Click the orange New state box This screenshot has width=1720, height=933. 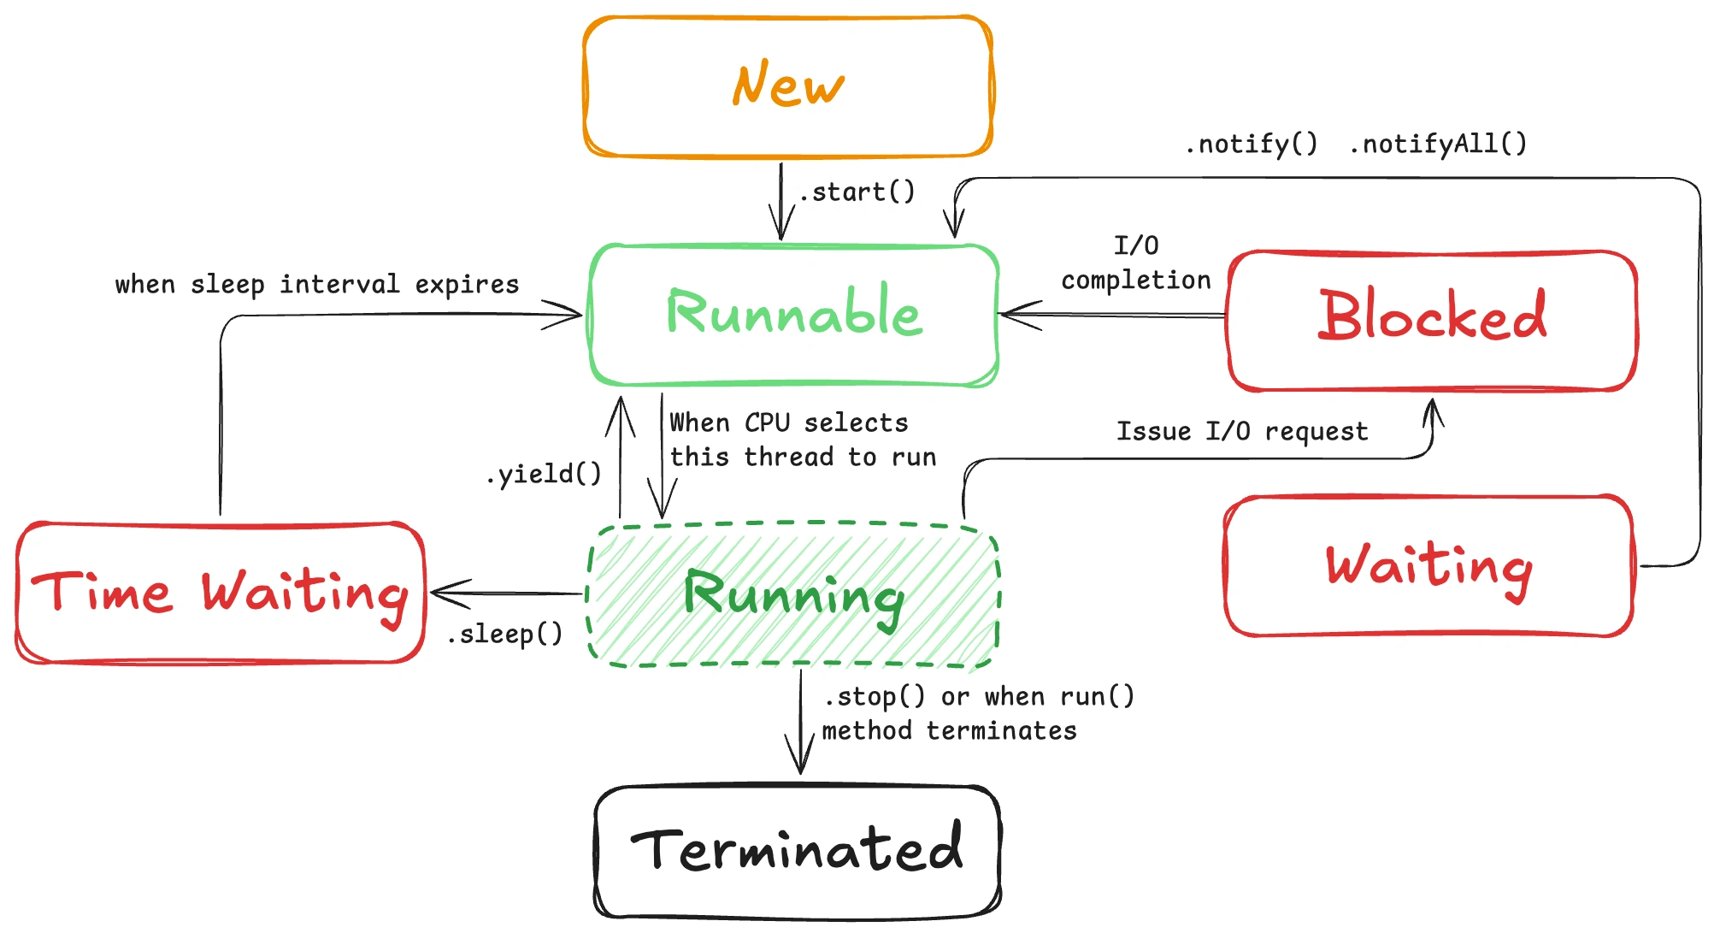tap(787, 86)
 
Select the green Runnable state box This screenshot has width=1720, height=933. tap(793, 315)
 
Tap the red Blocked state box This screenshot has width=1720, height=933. tap(1432, 320)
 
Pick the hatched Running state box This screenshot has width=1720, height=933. tap(792, 595)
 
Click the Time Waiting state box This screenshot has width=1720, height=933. tap(220, 593)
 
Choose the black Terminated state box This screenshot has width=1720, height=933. tap(797, 851)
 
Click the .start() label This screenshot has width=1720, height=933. tap(858, 192)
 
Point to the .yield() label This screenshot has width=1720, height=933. tap(544, 474)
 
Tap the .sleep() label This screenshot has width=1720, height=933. tap(505, 635)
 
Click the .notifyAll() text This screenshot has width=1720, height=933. tap(1438, 144)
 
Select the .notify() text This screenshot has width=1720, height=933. tap(1252, 144)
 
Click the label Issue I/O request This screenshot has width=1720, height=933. tap(1242, 431)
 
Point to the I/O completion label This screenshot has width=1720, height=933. tap(1136, 263)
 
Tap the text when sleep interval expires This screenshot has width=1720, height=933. tap(317, 284)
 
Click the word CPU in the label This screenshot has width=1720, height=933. tap(767, 422)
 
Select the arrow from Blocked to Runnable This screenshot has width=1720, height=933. tap(1111, 316)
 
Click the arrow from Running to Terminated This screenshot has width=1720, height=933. tap(800, 723)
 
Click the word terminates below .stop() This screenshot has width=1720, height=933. tap(1001, 731)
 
